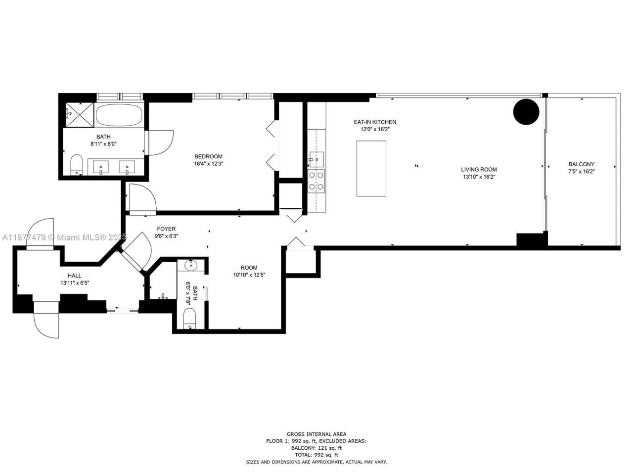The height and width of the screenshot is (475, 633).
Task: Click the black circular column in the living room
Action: (x=526, y=112)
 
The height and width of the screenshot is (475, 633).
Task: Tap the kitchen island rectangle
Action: (x=371, y=168)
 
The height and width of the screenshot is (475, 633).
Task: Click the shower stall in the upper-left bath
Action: (x=78, y=115)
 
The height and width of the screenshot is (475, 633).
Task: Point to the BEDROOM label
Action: (x=208, y=156)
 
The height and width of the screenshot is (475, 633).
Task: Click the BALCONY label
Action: (x=581, y=164)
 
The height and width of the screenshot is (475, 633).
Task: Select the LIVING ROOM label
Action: (x=479, y=169)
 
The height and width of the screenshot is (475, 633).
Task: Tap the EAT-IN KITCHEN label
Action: (x=374, y=122)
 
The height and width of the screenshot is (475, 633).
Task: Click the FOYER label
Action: (x=166, y=229)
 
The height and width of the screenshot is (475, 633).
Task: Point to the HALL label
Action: (x=75, y=276)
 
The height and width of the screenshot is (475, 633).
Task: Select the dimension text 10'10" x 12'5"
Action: (x=249, y=275)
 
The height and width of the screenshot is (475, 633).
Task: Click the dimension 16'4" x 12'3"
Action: (x=208, y=164)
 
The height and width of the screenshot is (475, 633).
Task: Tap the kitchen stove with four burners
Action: (x=316, y=181)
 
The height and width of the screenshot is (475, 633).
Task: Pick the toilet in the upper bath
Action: (x=77, y=165)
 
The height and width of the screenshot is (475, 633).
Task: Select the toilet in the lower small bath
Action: (x=190, y=318)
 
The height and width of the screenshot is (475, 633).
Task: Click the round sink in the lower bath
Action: (x=190, y=266)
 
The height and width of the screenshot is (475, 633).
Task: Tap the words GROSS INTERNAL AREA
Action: (x=316, y=434)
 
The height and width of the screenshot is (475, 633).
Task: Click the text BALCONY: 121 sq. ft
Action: (x=316, y=448)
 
